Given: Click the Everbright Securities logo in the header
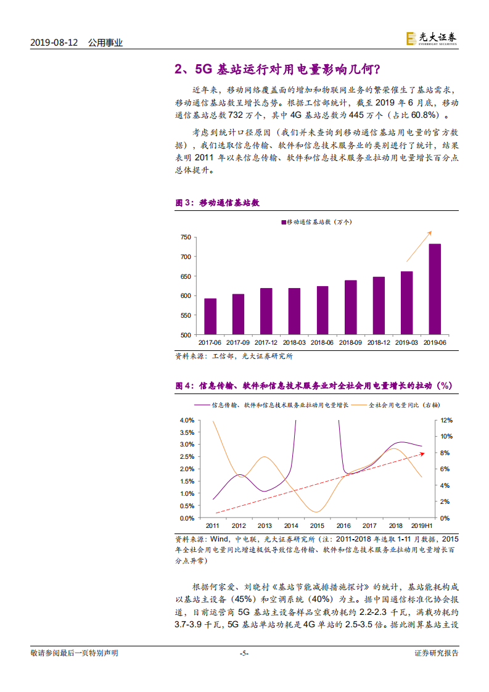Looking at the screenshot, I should point(431,38).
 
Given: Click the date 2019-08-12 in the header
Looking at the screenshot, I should point(55,43).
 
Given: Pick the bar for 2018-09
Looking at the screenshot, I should point(350,307).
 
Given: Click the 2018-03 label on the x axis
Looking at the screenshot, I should point(294,342).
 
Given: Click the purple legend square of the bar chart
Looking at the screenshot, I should point(284,221).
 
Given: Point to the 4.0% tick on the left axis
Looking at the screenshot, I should point(187,420).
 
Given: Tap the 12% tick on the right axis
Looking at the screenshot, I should point(446,420).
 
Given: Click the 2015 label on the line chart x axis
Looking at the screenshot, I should point(317,525).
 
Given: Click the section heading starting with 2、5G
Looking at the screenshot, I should point(277,68).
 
